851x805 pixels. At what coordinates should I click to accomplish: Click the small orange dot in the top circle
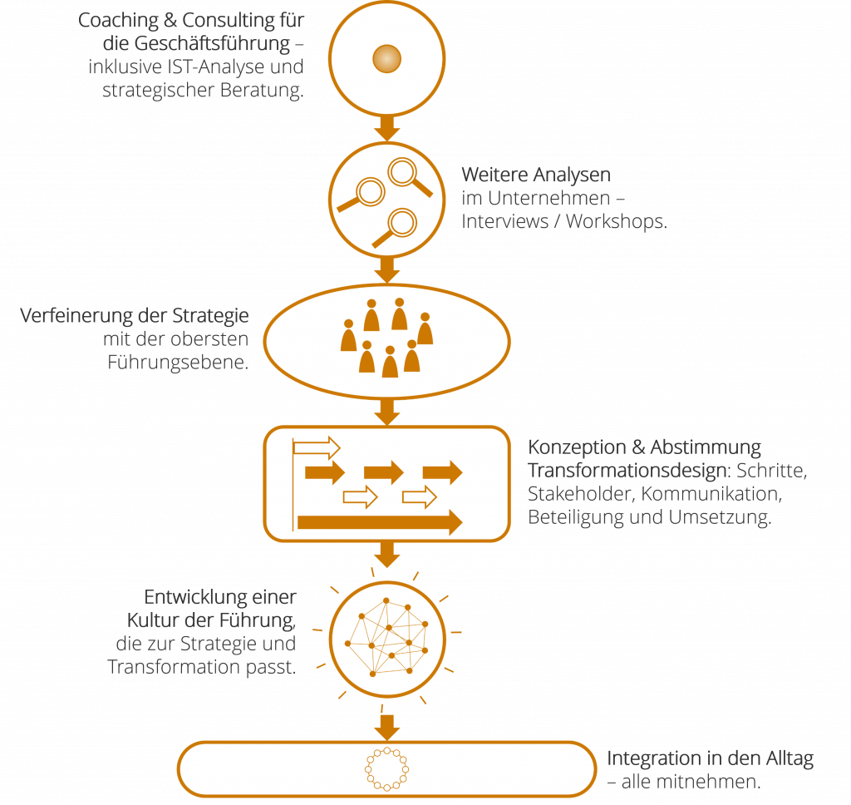pyautogui.click(x=386, y=58)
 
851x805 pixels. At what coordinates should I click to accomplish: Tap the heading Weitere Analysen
pyautogui.click(x=536, y=175)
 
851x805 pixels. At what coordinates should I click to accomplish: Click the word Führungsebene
pyautogui.click(x=178, y=363)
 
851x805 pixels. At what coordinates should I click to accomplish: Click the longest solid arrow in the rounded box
pyautogui.click(x=379, y=522)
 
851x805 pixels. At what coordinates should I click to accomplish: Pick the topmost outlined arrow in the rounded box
pyautogui.click(x=317, y=448)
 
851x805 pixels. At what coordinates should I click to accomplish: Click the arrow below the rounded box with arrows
pyautogui.click(x=386, y=553)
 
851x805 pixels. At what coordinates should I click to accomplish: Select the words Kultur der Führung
pyautogui.click(x=212, y=620)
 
